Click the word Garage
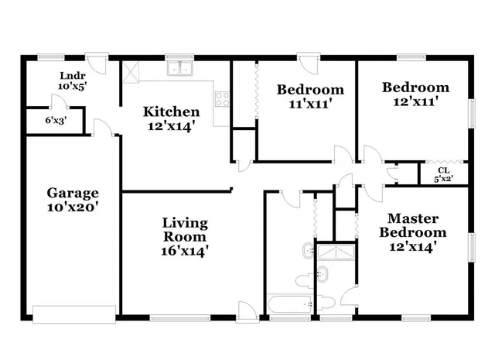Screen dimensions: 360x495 72,193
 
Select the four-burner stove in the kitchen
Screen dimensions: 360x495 222,98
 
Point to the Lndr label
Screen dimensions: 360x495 72,76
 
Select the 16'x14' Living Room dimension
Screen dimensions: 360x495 184,251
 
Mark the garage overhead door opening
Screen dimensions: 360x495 73,313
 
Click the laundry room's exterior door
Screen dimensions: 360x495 97,61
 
